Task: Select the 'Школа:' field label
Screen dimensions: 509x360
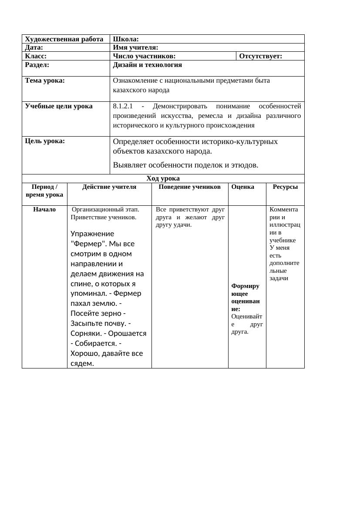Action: click(x=126, y=39)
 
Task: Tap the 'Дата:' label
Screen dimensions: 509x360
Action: click(x=34, y=47)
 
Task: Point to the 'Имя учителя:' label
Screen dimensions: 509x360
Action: click(x=135, y=47)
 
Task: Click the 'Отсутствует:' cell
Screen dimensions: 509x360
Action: click(x=261, y=56)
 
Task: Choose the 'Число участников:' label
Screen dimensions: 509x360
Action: click(x=144, y=56)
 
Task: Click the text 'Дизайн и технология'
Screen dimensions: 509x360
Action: click(x=147, y=65)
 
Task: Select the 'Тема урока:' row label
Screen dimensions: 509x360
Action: click(x=45, y=80)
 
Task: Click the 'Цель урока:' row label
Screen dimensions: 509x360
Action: click(x=45, y=141)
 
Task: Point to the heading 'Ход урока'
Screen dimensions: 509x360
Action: click(x=163, y=178)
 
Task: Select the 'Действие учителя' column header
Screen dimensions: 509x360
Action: click(x=109, y=187)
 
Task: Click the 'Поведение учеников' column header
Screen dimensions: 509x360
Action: click(x=189, y=187)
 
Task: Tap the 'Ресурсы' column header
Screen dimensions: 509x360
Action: click(x=285, y=187)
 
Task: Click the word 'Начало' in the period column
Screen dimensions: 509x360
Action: click(x=44, y=210)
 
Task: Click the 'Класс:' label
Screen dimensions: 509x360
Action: click(x=36, y=56)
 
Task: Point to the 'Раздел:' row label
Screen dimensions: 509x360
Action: click(x=37, y=65)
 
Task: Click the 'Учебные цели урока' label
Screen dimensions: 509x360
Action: click(x=59, y=106)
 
